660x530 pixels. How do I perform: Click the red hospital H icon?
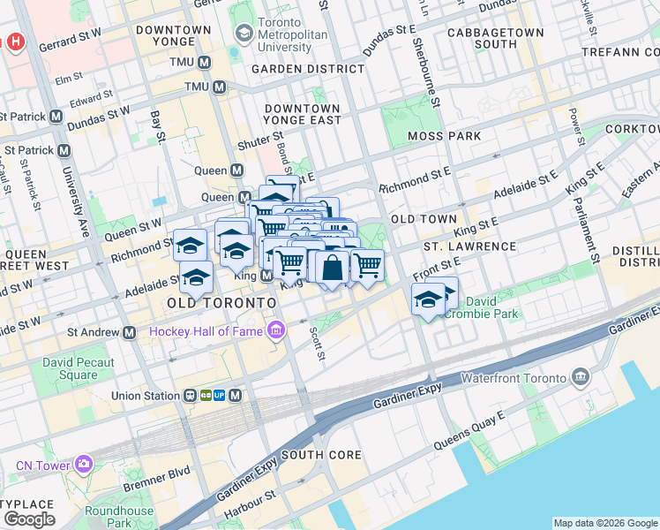click(x=15, y=42)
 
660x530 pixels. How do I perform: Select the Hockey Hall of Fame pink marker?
click(x=277, y=331)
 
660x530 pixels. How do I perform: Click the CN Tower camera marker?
click(x=84, y=463)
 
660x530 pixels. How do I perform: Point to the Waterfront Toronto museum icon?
click(x=581, y=377)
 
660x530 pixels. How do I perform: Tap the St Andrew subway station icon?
click(x=130, y=332)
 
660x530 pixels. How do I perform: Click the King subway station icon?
click(x=266, y=276)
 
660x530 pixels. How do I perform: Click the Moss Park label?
click(x=445, y=136)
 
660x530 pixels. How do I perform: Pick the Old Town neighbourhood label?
click(x=424, y=218)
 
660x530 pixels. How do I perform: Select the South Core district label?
click(x=321, y=455)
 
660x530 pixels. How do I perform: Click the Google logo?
click(x=29, y=519)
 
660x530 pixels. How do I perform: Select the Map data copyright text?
click(x=604, y=523)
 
